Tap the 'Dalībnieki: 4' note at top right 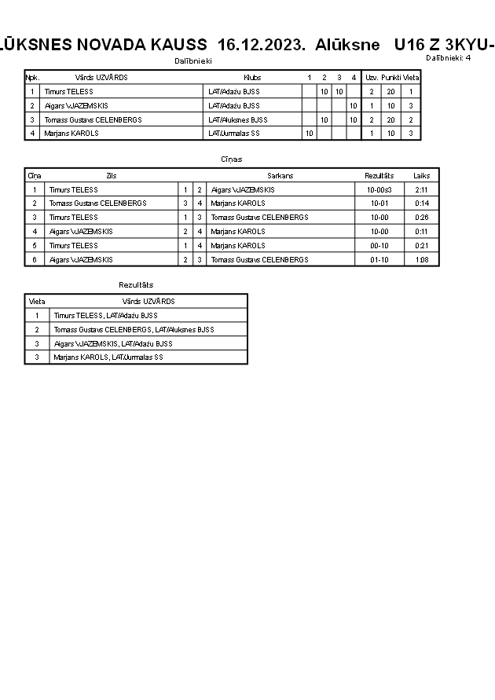448,57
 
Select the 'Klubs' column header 252,78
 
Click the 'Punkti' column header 390,78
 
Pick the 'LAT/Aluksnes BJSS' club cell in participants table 238,119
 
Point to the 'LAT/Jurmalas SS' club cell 234,133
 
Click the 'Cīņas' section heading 232,159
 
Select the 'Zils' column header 111,176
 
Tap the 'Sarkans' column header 280,176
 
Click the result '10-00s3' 379,190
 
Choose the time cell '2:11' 421,190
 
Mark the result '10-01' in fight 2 379,203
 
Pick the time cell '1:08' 421,259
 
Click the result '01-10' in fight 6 379,259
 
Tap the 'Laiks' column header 421,176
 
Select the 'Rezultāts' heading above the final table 136,284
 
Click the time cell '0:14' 421,203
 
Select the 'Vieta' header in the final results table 37,301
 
